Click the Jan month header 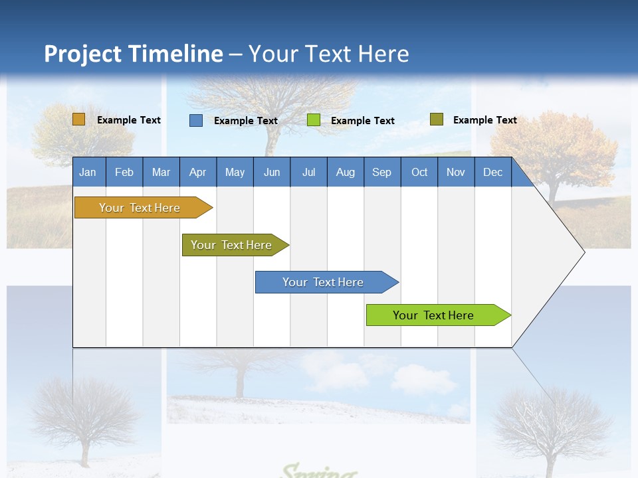[x=88, y=172]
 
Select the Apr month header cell [x=198, y=172]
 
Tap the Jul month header [x=308, y=172]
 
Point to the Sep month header [x=382, y=172]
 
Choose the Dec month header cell [x=492, y=172]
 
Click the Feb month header [x=124, y=172]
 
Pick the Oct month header [x=419, y=172]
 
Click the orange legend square [x=79, y=119]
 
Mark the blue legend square [x=196, y=120]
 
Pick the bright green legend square [x=314, y=120]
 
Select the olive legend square [x=437, y=119]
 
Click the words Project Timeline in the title [x=133, y=54]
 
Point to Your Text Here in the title [x=328, y=54]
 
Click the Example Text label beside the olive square [x=484, y=120]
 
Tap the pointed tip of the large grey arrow [x=582, y=252]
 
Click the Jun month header [x=272, y=172]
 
